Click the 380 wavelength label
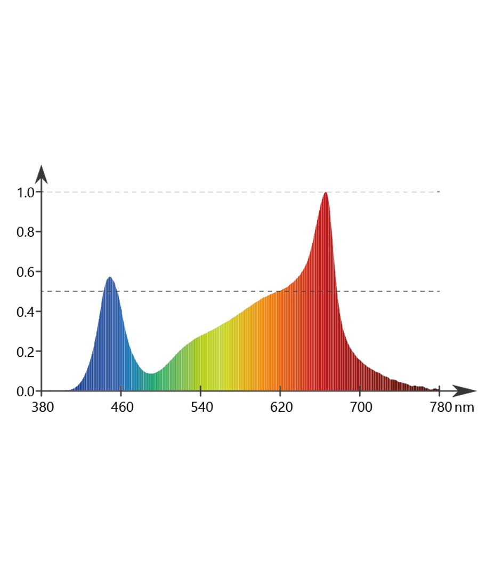pyautogui.click(x=42, y=408)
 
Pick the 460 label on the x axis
pyautogui.click(x=122, y=408)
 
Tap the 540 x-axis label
pyautogui.click(x=201, y=408)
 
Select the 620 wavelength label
pyautogui.click(x=281, y=408)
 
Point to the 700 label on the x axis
pyautogui.click(x=361, y=408)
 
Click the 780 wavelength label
pyautogui.click(x=440, y=408)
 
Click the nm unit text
pyautogui.click(x=465, y=408)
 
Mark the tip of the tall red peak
pyautogui.click(x=325, y=193)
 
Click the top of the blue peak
pyautogui.click(x=110, y=277)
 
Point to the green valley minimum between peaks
pyautogui.click(x=152, y=373)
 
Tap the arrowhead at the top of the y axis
pyautogui.click(x=42, y=173)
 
